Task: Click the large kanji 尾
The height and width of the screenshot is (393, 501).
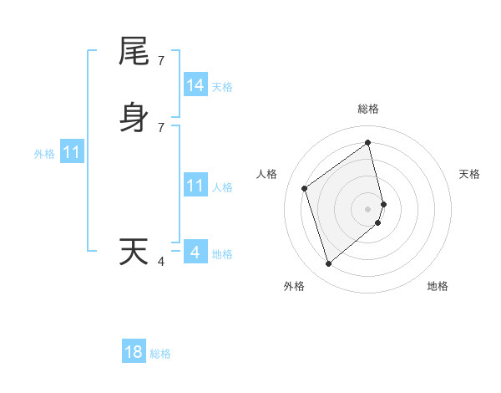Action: point(134,52)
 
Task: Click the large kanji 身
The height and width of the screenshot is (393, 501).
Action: point(134,118)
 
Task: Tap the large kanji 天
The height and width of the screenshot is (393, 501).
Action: point(134,252)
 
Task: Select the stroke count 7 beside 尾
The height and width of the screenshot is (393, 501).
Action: point(161,61)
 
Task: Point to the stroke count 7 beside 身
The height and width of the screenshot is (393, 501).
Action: point(161,127)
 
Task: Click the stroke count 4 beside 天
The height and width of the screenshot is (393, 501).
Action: point(161,262)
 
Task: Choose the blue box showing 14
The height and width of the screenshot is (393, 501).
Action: point(195,85)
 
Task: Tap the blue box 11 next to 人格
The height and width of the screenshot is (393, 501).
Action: point(195,186)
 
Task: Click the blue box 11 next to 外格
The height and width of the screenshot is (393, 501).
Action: point(72,152)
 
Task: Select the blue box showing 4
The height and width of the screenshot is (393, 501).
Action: point(195,252)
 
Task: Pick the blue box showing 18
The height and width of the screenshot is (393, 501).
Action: point(134,352)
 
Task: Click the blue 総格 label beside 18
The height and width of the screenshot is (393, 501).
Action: point(160,354)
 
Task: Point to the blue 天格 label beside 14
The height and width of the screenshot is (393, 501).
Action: point(222,87)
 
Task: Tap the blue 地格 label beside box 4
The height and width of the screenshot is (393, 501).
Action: point(222,254)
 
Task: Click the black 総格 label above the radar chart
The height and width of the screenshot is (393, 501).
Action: point(368,109)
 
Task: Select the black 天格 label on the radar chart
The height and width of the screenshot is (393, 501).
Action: point(469,174)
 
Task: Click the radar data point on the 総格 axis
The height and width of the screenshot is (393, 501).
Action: point(368,142)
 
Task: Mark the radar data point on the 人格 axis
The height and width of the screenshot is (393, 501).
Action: point(305,188)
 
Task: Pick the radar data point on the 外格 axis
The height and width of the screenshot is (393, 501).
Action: point(328,264)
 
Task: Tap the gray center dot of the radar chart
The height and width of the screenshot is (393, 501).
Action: point(368,208)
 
